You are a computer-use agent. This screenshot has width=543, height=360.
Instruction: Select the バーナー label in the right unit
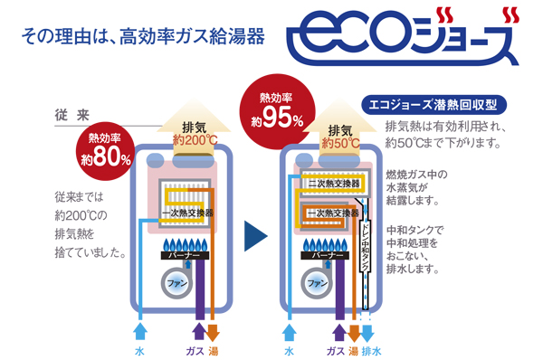(321, 257)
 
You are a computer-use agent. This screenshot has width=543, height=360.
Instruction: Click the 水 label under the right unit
(289, 350)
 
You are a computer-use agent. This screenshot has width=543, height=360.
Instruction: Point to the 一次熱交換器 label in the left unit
(187, 212)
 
